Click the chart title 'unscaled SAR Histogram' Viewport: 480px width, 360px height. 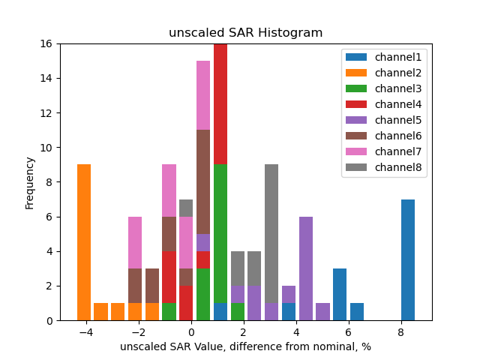(245, 33)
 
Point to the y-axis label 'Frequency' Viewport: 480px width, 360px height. (30, 182)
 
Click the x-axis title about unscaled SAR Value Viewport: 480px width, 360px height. (245, 346)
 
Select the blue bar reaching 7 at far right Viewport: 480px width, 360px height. (408, 259)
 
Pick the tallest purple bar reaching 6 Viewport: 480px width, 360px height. (306, 268)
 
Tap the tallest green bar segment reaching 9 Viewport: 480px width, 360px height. (220, 233)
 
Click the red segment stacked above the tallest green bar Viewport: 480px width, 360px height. (220, 104)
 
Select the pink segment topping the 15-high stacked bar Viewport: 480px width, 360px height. (203, 95)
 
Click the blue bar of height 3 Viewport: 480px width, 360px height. (340, 294)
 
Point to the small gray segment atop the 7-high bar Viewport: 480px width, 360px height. (186, 208)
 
